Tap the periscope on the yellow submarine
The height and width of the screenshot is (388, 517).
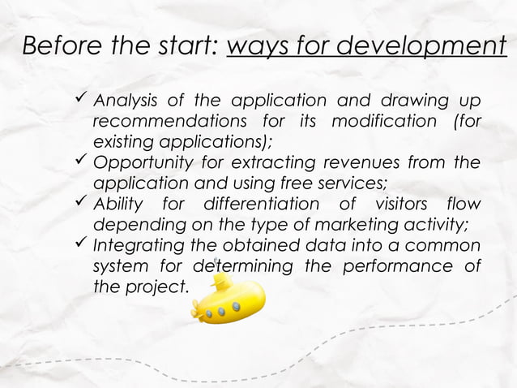tap(215, 268)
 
